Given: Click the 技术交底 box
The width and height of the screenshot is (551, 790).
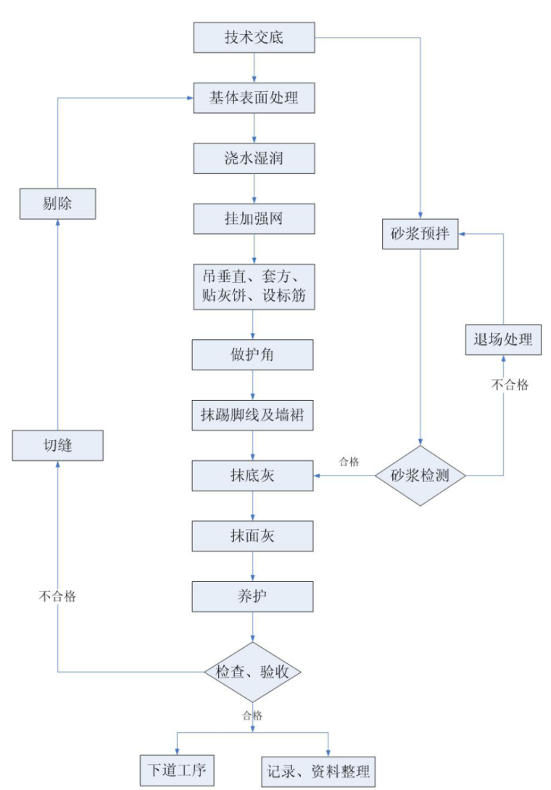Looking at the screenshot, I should (x=254, y=38).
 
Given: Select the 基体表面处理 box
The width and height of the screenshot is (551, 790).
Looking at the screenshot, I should (x=254, y=98).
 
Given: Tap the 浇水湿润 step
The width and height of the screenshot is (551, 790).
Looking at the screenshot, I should (x=254, y=158).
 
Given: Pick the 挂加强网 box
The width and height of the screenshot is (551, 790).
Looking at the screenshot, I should (x=254, y=218).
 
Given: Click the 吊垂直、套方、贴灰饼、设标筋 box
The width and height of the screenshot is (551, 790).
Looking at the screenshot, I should (x=254, y=286).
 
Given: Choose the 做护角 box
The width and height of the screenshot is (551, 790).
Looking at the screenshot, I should (x=253, y=354).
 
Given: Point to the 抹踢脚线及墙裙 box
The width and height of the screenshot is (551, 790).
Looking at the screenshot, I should (x=253, y=415).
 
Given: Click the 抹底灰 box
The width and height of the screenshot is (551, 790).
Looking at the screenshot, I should (x=253, y=475).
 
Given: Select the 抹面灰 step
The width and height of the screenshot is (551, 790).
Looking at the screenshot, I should (x=253, y=536).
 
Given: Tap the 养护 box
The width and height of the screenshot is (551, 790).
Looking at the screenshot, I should (x=253, y=597).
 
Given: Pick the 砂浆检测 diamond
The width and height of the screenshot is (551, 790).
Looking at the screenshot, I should (x=420, y=475).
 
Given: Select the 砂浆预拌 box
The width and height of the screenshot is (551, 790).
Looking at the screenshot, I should (x=420, y=234).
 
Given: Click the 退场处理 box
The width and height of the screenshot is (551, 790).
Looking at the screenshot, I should (x=503, y=339).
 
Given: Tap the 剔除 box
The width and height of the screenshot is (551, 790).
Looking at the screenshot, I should (x=57, y=204).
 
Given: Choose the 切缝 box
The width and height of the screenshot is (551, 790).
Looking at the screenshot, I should (x=57, y=444).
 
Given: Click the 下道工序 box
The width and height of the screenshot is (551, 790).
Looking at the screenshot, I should (x=177, y=770).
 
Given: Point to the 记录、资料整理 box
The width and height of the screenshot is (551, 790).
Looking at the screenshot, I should (x=318, y=770).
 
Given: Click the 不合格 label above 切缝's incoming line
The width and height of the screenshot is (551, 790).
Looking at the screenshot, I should (x=57, y=597).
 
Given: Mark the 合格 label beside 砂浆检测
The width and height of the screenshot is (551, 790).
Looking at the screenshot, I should (x=349, y=461).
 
